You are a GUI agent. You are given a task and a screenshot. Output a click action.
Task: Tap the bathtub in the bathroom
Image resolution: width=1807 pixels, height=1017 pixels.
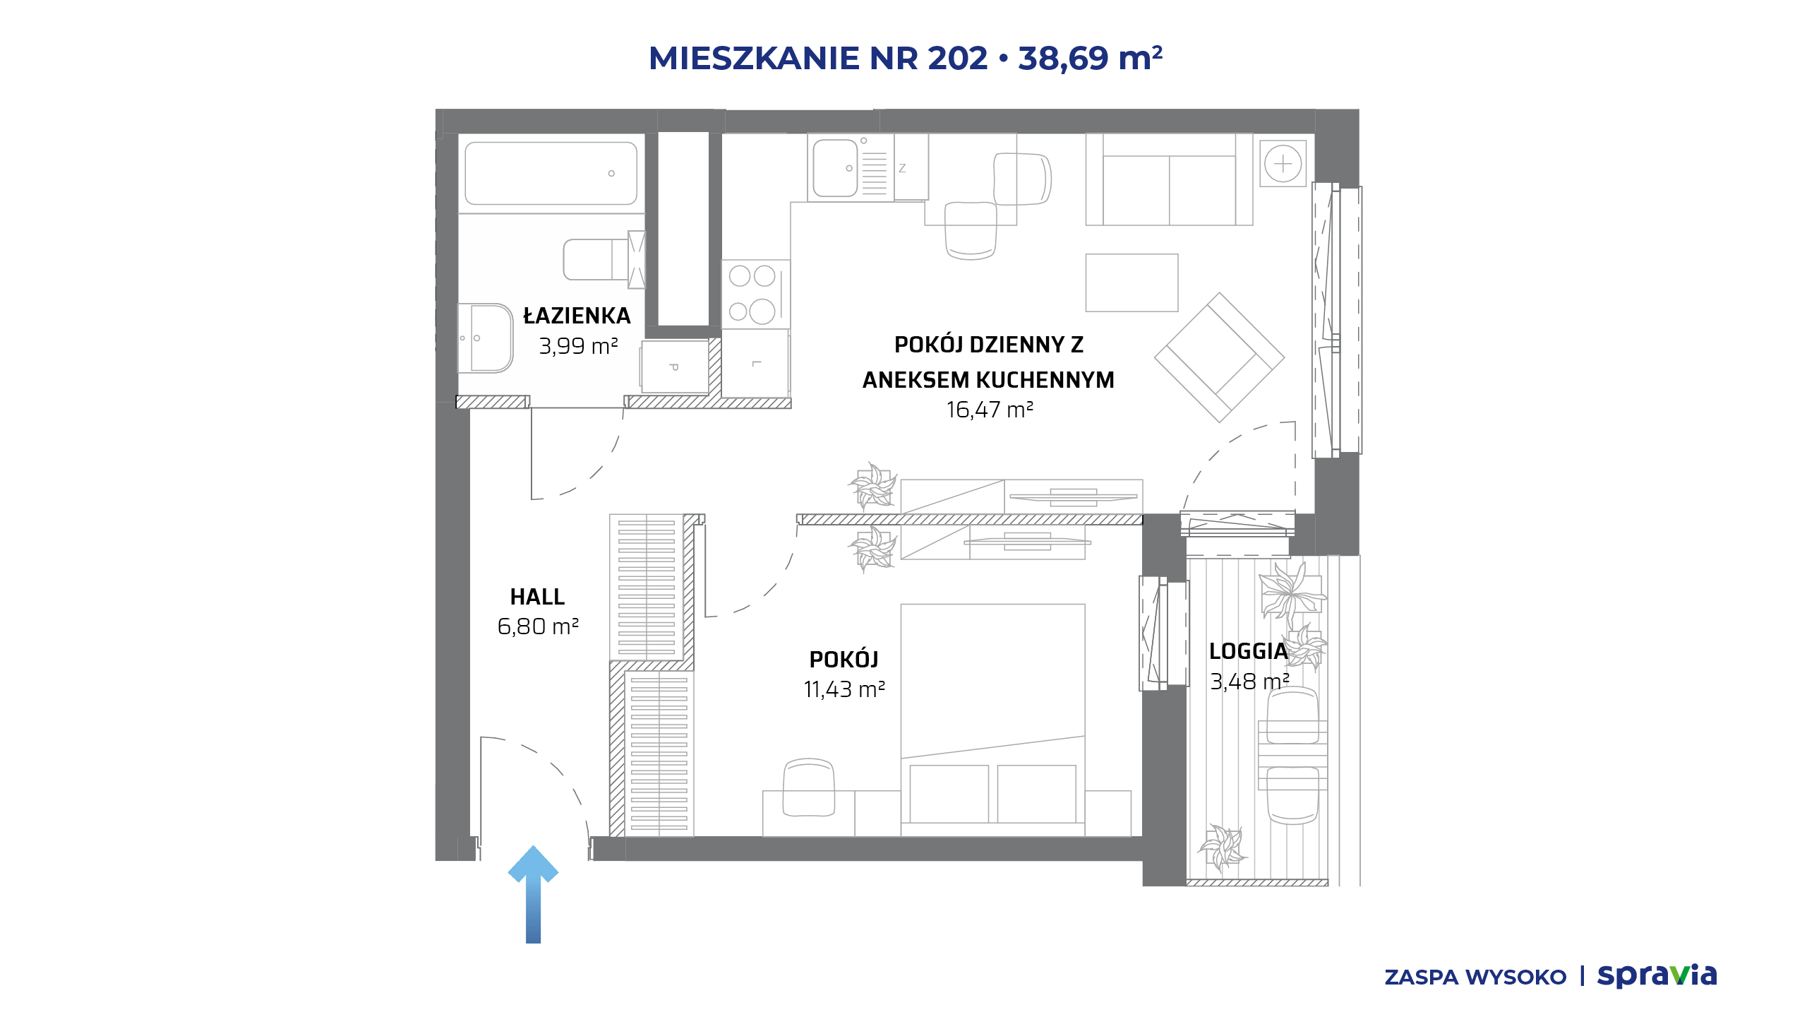pyautogui.click(x=551, y=173)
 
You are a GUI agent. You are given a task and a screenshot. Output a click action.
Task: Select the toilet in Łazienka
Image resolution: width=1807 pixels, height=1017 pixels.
pyautogui.click(x=604, y=260)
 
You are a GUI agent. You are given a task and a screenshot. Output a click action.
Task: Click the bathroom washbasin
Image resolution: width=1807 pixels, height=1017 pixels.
pyautogui.click(x=486, y=338)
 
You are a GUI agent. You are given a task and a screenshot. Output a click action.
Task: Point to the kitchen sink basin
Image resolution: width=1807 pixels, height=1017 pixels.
pyautogui.click(x=835, y=168)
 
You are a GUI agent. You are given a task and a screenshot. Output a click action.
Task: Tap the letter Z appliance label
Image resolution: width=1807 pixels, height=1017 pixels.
pyautogui.click(x=902, y=168)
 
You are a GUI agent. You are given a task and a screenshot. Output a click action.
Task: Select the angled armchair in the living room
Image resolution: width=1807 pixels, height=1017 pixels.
pyautogui.click(x=1219, y=357)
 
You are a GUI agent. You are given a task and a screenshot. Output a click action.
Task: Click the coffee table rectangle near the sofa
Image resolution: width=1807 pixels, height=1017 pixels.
pyautogui.click(x=1131, y=282)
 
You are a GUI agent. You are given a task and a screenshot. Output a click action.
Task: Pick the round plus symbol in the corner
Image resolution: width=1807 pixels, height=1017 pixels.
pyautogui.click(x=1283, y=164)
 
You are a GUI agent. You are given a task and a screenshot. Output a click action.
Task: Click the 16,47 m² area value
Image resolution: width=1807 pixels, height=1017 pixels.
pyautogui.click(x=990, y=410)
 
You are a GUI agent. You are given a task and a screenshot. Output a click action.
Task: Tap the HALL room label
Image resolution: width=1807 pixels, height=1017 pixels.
pyautogui.click(x=537, y=597)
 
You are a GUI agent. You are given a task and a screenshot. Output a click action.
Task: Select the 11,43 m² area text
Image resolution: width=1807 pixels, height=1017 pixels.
pyautogui.click(x=844, y=689)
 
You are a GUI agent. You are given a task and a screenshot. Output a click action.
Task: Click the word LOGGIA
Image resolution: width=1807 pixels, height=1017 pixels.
pyautogui.click(x=1249, y=651)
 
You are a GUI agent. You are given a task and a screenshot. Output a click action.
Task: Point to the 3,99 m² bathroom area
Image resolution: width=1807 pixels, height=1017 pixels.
pyautogui.click(x=578, y=346)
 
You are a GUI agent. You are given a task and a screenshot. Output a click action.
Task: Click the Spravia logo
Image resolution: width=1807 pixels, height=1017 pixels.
pyautogui.click(x=1657, y=976)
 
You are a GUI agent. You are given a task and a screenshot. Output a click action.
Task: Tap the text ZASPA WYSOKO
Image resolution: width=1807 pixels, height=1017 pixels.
pyautogui.click(x=1475, y=977)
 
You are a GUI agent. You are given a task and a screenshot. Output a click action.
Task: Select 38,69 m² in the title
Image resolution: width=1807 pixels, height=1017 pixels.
pyautogui.click(x=1090, y=58)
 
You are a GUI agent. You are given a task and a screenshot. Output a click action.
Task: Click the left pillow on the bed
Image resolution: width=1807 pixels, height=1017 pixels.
pyautogui.click(x=949, y=794)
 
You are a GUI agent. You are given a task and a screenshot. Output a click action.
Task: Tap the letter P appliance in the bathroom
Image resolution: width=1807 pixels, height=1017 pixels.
pyautogui.click(x=675, y=367)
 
